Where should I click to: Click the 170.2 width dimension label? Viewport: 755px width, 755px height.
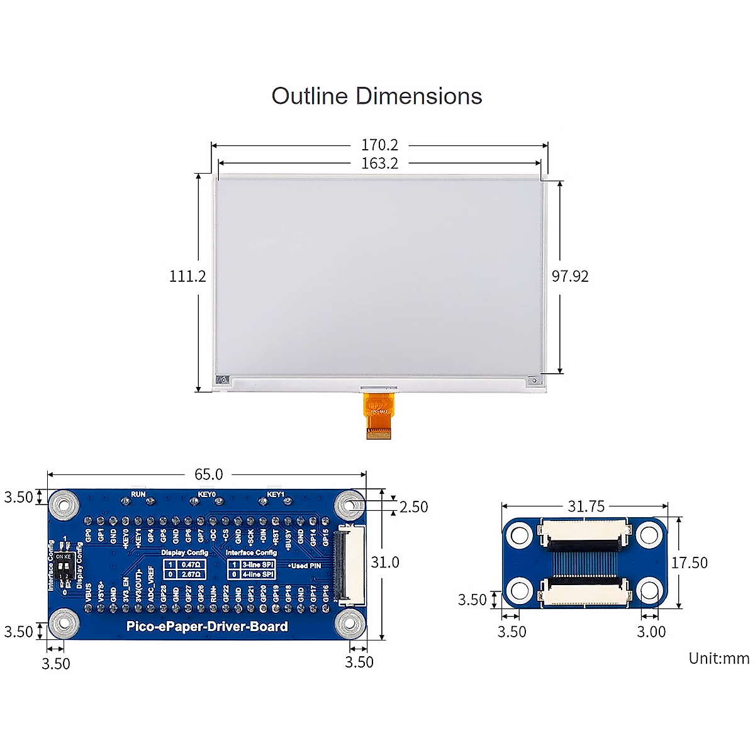pos(379,145)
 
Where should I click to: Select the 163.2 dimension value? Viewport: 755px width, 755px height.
pos(379,164)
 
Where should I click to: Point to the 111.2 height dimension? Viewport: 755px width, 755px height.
pos(187,276)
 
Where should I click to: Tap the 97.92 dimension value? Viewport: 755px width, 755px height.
pos(570,276)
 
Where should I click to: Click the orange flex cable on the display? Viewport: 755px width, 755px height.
pos(379,415)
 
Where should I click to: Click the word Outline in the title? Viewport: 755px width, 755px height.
pos(310,96)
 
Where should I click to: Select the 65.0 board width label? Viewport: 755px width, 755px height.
pos(208,474)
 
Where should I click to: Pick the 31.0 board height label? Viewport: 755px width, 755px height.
pos(384,562)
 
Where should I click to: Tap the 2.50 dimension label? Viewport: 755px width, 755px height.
pos(413,507)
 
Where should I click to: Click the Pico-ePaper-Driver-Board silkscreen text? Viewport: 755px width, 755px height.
pos(207,627)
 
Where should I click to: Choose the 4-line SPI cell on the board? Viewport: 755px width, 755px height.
pos(258,574)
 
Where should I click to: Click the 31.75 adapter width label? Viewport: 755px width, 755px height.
pos(586,506)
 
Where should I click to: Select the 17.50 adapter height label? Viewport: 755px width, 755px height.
pos(689,562)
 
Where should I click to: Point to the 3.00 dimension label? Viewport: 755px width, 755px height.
pos(651,632)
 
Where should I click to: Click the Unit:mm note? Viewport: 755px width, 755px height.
pos(719,659)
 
